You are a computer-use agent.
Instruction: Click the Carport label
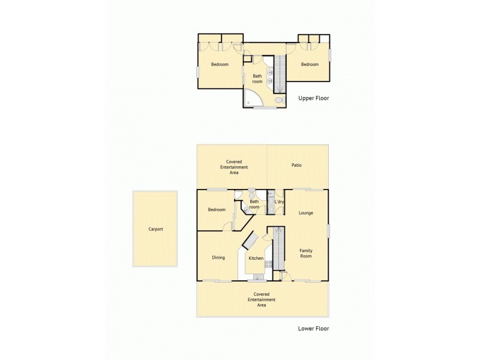155,229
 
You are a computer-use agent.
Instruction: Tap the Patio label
296,165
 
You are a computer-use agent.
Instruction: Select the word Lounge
306,213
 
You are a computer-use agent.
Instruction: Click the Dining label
218,258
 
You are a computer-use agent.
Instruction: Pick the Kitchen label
256,259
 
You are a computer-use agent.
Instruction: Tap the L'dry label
279,202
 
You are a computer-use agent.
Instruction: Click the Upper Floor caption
313,98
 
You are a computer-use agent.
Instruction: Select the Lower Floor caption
313,328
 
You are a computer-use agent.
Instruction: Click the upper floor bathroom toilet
278,101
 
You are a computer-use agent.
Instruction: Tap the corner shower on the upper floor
251,98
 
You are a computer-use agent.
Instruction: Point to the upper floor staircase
280,73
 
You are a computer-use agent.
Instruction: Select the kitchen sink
258,277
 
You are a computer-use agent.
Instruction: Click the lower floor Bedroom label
217,210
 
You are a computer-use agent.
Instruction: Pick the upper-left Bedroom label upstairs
220,65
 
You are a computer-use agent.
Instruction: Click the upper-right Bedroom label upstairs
310,65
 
